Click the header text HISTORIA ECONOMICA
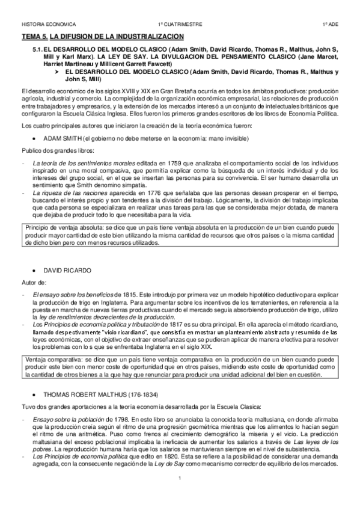point(48,24)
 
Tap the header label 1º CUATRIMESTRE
point(180,24)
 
